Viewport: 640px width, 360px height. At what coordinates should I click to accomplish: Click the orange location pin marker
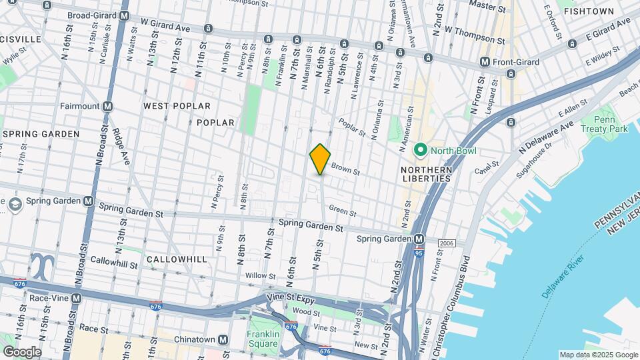[x=320, y=159]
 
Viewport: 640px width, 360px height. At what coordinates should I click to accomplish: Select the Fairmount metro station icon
[x=107, y=106]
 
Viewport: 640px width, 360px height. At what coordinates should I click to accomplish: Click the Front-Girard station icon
[x=485, y=62]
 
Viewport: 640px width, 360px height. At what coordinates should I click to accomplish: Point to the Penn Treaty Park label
[x=604, y=123]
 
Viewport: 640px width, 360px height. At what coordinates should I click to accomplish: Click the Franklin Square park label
[x=262, y=339]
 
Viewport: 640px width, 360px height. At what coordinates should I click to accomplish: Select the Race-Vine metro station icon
[x=77, y=298]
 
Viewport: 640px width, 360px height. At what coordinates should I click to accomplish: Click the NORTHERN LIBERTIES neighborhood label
[x=427, y=175]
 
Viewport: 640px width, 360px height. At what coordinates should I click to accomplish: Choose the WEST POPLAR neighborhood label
[x=177, y=106]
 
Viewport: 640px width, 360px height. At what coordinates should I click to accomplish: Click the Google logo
[x=22, y=351]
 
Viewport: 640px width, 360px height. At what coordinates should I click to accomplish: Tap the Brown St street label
[x=345, y=171]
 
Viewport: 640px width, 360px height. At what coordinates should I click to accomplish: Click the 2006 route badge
[x=447, y=244]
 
